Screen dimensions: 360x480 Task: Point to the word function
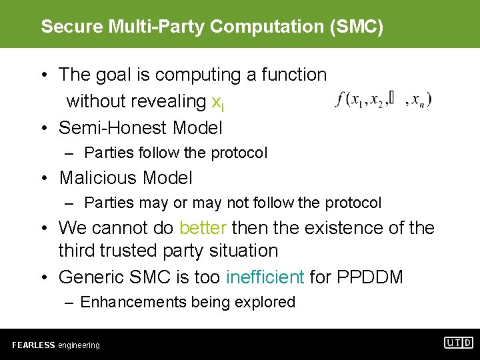(x=293, y=75)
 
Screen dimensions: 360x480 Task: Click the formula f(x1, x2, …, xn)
(x=384, y=100)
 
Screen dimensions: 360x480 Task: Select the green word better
(x=203, y=228)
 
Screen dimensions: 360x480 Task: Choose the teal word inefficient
(x=265, y=276)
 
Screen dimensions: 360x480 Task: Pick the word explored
(x=265, y=302)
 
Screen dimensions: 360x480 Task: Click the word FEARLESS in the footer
(x=33, y=345)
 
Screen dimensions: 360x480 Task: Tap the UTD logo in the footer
(x=459, y=343)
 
